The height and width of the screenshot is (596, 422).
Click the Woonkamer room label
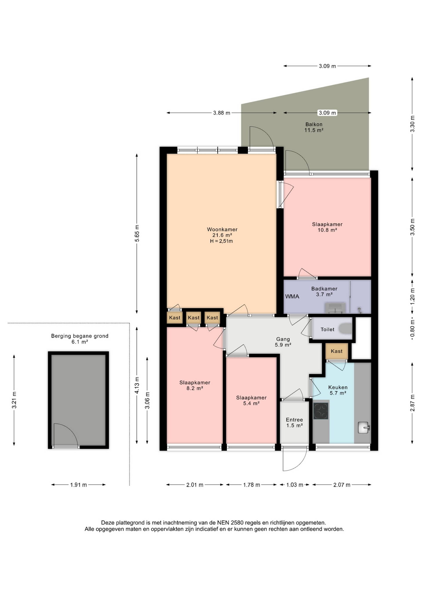point(222,229)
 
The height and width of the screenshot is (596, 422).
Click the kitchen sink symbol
point(364,427)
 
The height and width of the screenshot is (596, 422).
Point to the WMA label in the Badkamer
point(292,296)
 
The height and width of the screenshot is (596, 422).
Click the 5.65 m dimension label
point(137,233)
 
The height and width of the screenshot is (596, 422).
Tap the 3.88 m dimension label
point(222,113)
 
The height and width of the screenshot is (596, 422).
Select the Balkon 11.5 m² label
point(314,127)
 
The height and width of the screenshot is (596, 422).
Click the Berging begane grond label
point(80,336)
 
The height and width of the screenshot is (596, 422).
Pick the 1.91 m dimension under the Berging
point(78,485)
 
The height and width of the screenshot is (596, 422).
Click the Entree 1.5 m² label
point(295,422)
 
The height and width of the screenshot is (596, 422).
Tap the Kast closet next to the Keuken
point(337,351)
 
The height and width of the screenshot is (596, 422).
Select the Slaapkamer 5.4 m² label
point(251,400)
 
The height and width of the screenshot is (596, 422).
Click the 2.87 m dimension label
point(412,403)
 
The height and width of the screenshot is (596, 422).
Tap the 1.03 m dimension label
point(295,485)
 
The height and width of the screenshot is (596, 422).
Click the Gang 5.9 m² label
point(283,342)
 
